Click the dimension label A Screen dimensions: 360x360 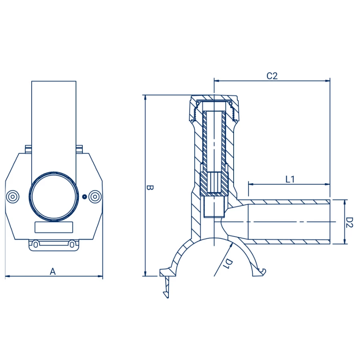53,272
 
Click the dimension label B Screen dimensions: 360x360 150,188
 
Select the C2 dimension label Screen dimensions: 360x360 272,76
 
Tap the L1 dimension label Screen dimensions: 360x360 290,179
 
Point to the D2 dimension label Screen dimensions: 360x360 350,222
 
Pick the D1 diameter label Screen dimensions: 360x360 228,264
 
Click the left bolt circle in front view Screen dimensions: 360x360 12,197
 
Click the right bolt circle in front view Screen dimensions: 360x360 95,197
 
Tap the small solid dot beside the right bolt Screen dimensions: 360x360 84,197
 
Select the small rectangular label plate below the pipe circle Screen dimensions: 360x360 54,227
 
